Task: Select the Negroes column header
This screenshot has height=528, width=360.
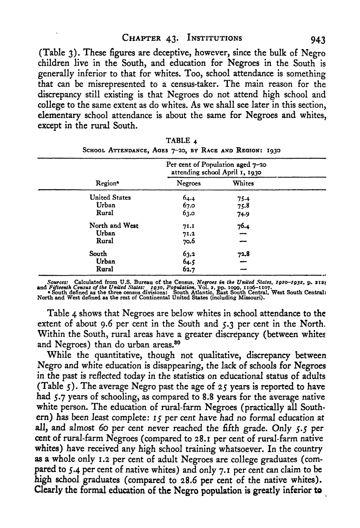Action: click(189, 183)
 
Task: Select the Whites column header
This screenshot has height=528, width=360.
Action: click(243, 183)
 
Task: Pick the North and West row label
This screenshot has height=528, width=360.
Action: click(114, 226)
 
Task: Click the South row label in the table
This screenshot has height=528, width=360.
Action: click(98, 253)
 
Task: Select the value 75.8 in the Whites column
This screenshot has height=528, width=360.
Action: click(242, 205)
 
